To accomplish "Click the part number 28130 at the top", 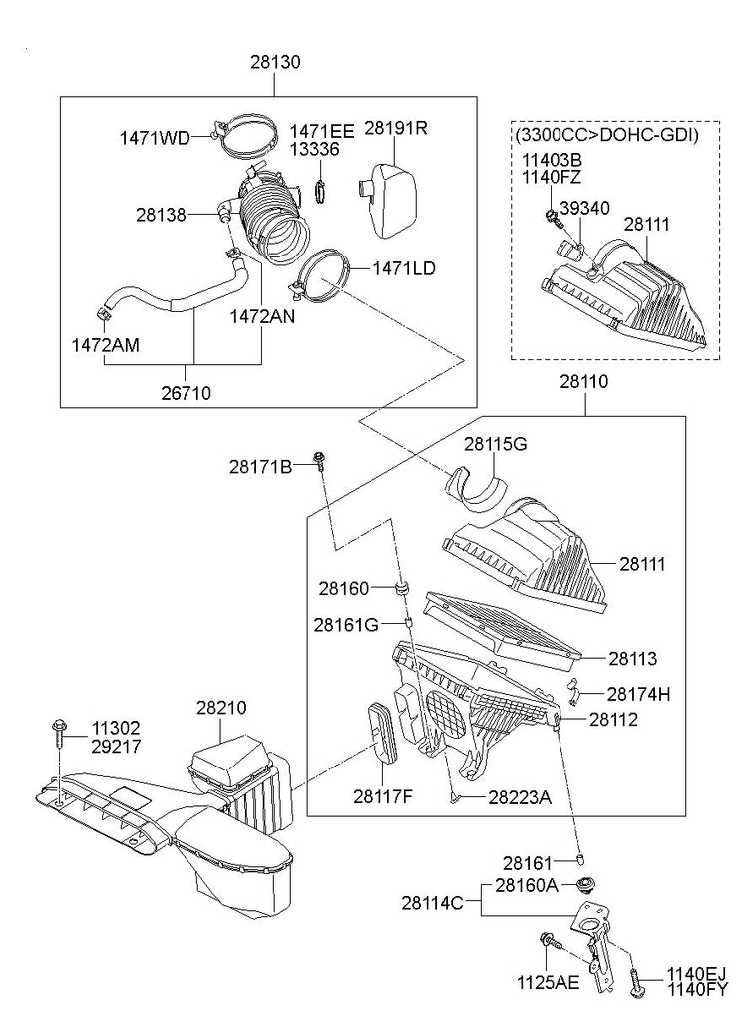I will click(275, 62).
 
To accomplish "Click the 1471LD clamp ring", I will click(321, 272).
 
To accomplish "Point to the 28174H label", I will click(638, 693).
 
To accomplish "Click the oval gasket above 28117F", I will click(380, 735).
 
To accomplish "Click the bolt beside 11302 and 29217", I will click(57, 738).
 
